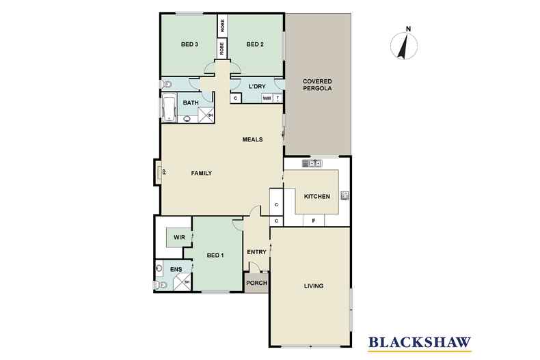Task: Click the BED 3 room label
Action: point(189,45)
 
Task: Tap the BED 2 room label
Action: point(254,45)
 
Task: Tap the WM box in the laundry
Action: point(267,98)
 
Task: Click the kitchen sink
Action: point(311,163)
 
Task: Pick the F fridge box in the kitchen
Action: point(313,221)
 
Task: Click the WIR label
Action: point(179,237)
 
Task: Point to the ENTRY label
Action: point(257,251)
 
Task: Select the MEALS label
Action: point(253,140)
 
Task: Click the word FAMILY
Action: point(201,173)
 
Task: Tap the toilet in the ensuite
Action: point(159,284)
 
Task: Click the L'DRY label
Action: point(257,86)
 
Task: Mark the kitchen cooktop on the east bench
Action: point(345,196)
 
